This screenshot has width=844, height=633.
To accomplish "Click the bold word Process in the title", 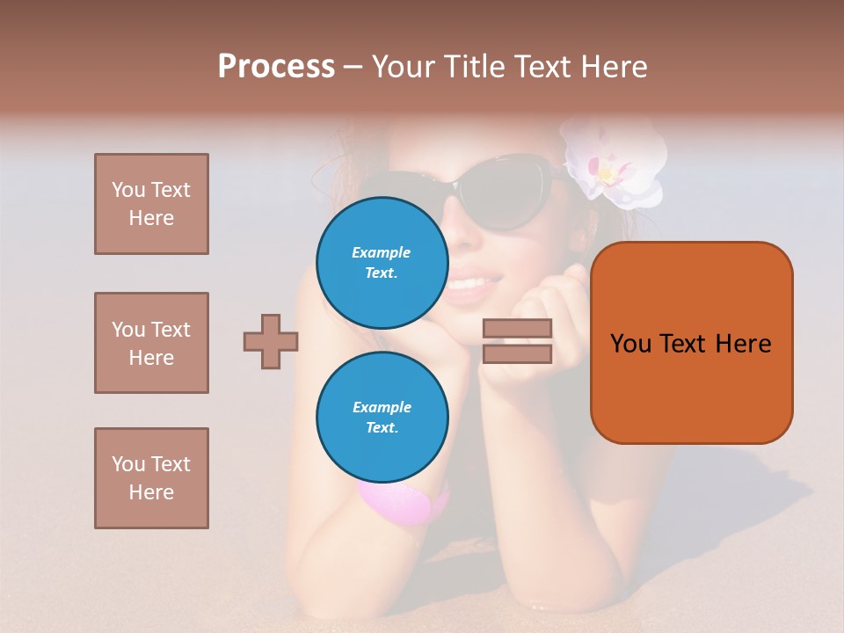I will (x=276, y=67).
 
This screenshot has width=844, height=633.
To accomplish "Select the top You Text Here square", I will (x=151, y=204).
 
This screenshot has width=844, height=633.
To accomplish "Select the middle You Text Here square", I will (x=151, y=343).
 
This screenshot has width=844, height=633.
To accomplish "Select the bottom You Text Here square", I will (x=151, y=478).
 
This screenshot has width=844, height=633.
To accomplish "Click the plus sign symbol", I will (x=271, y=341).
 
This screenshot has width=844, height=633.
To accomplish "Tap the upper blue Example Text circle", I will (x=382, y=263).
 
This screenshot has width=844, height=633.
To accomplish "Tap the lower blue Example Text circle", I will (x=382, y=418).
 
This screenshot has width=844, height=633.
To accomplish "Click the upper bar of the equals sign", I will (x=517, y=329).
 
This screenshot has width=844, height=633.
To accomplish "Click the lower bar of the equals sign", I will (x=517, y=354).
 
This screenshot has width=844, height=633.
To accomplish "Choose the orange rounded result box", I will (x=691, y=343).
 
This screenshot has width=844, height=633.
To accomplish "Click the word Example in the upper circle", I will (x=382, y=252).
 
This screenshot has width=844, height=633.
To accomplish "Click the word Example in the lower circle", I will (x=382, y=407).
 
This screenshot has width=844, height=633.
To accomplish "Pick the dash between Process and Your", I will (x=353, y=67).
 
